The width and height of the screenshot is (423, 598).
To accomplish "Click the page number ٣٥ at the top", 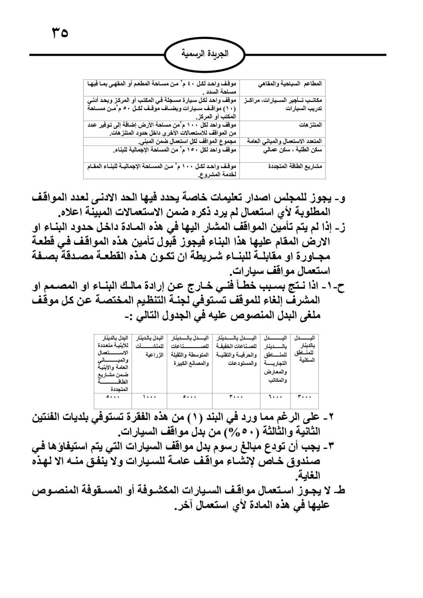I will pyautogui.click(x=60, y=32).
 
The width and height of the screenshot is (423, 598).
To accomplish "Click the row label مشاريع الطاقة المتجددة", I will pyautogui.click(x=296, y=166).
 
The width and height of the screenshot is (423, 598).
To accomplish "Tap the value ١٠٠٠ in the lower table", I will pyautogui.click(x=149, y=397).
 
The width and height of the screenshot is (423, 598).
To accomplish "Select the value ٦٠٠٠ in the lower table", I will pyautogui.click(x=275, y=397).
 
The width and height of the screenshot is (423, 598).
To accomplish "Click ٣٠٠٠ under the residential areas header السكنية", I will pyautogui.click(x=305, y=397).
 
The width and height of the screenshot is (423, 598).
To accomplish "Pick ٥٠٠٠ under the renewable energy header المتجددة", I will pyautogui.click(x=113, y=397).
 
